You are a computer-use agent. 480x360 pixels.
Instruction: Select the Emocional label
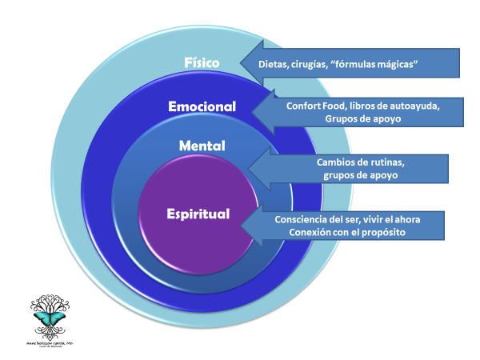pyautogui.click(x=202, y=106)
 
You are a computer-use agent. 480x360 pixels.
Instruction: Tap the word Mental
pyautogui.click(x=202, y=146)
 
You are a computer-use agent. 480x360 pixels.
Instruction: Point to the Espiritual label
pyautogui.click(x=198, y=214)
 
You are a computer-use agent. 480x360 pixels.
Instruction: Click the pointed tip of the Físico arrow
pyautogui.click(x=238, y=65)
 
